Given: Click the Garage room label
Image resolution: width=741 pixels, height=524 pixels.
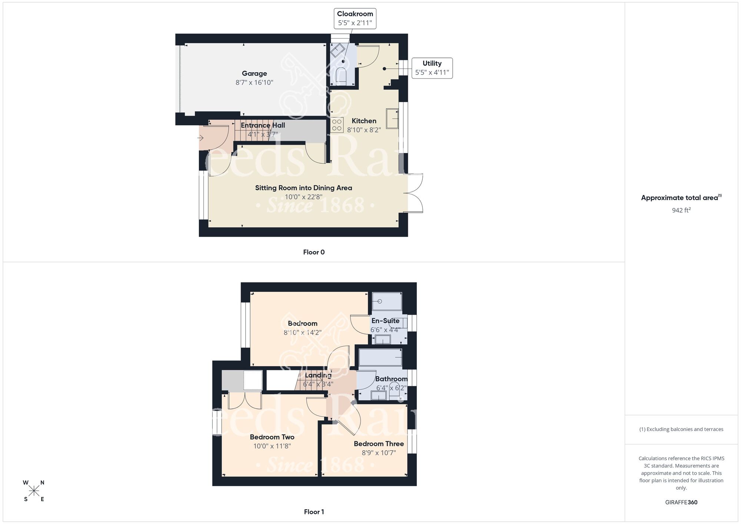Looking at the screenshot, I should pos(254,74).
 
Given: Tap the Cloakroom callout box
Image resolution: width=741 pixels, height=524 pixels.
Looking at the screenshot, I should pos(355,19).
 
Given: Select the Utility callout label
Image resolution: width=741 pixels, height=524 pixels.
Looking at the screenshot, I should pos(432,68).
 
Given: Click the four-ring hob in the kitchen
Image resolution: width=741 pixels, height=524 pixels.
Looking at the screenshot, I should pos(337,125).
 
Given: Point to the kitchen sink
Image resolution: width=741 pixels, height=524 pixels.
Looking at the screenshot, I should pos(392,118).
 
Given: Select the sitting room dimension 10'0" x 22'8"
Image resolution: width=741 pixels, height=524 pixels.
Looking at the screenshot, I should pos(303,197).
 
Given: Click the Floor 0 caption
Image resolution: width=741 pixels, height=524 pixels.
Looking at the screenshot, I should pos(313,252).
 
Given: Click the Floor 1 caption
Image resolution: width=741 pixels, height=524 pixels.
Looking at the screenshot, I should pos(313,512).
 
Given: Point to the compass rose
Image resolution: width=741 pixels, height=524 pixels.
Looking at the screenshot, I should pos(34,491).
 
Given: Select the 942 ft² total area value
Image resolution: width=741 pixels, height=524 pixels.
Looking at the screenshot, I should pos(681,210).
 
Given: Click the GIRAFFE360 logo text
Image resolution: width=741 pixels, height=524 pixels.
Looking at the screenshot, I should pos(681,503).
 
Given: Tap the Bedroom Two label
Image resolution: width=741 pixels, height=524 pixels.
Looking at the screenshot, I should pos(272,437).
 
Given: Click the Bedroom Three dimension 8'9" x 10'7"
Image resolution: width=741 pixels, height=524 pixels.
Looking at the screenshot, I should pos(379,453).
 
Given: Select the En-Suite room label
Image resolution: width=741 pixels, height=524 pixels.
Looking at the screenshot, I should pos(385,321).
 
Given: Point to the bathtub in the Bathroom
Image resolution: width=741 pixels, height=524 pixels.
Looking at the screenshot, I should pos(381,357).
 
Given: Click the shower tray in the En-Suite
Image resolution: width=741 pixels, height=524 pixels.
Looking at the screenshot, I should pos(387,301).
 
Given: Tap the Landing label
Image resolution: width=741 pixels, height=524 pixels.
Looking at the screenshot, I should pos(318,375).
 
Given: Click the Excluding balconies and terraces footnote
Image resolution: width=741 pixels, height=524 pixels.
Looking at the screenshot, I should pos(681,430).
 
